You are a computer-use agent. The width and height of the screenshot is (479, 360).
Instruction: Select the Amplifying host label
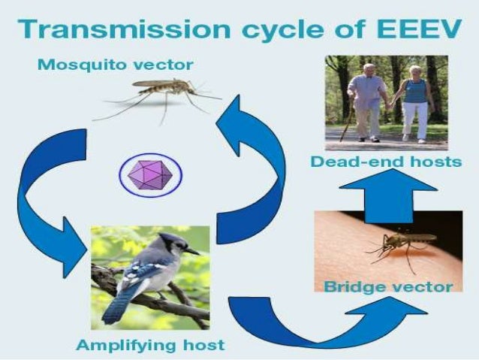pyautogui.click(x=149, y=345)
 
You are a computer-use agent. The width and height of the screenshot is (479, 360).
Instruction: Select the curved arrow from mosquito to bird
pyautogui.click(x=45, y=195)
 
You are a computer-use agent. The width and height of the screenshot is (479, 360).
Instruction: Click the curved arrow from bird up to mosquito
pyautogui.click(x=255, y=158)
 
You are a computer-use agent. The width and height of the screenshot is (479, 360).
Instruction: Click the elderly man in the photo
pyautogui.click(x=367, y=101)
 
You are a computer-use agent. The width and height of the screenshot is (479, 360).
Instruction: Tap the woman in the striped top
pyautogui.click(x=414, y=101)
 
